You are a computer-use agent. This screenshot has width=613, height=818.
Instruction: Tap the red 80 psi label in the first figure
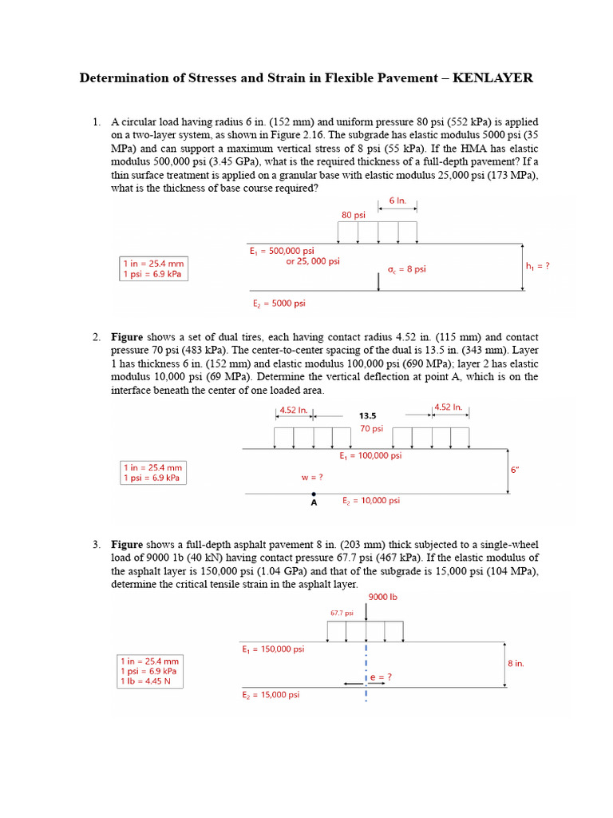[x=353, y=215]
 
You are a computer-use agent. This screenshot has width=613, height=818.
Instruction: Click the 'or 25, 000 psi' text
[x=312, y=261]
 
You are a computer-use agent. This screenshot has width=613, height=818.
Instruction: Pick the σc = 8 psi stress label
[x=407, y=269]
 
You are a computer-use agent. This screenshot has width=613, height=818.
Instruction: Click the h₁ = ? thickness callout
[x=537, y=265]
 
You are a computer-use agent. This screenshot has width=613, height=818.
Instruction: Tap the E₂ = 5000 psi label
[x=279, y=303]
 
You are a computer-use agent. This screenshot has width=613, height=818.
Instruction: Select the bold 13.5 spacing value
[x=368, y=415]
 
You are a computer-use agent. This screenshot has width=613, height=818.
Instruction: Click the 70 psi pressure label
[x=372, y=428]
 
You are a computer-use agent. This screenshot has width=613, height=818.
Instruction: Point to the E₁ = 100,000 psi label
[x=370, y=455]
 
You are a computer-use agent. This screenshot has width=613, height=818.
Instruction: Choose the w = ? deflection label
[x=311, y=477]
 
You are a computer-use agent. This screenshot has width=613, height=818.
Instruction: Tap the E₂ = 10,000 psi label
[x=371, y=500]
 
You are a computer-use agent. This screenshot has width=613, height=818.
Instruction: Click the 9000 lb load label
[x=382, y=597]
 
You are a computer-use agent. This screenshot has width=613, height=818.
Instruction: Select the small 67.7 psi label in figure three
[x=342, y=613]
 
